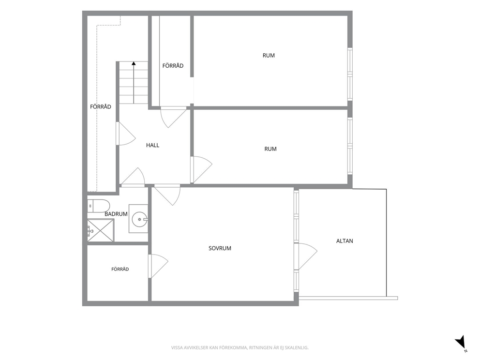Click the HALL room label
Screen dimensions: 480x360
click(152, 145)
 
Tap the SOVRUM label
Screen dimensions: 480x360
click(220, 248)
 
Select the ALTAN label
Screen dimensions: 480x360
click(345, 241)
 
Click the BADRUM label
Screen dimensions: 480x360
click(116, 214)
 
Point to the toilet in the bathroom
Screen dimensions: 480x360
click(98, 206)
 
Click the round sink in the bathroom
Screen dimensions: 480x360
click(139, 219)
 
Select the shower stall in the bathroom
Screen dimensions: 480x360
click(101, 230)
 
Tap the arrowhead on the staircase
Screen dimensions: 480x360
click(134, 64)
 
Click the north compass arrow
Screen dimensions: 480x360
click(461, 342)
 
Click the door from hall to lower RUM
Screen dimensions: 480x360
click(201, 169)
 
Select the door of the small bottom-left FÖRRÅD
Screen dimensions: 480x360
click(158, 266)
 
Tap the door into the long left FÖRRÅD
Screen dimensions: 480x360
click(125, 134)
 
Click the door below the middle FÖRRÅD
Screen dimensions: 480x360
click(174, 117)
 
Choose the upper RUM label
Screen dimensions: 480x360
click(269, 56)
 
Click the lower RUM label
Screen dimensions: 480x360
click(270, 149)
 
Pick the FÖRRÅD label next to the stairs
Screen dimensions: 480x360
click(173, 65)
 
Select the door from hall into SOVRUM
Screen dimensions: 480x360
click(167, 195)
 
